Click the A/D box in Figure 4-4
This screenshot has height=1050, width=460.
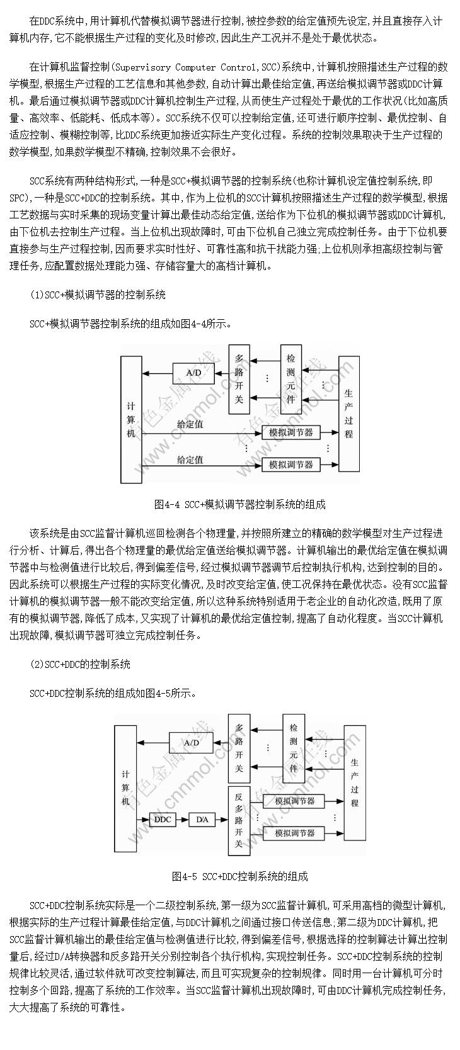coord(193,373)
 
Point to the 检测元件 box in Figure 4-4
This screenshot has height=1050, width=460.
coord(290,379)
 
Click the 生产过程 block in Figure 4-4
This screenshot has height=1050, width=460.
coord(348,414)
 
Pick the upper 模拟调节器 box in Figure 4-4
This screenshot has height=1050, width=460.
coord(291,432)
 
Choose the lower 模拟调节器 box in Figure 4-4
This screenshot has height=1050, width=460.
coord(291,465)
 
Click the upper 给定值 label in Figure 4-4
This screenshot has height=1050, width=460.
coord(190,424)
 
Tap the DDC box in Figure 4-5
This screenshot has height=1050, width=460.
coord(163,820)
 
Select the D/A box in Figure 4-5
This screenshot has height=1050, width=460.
coord(202,820)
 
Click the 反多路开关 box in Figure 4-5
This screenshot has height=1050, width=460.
coord(238,819)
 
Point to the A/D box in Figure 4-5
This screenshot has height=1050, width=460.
coord(191,743)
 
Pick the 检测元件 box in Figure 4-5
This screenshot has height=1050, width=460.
coord(293,748)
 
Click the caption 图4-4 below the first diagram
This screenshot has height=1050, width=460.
coord(167,505)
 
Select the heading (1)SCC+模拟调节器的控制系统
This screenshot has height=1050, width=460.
coord(98,295)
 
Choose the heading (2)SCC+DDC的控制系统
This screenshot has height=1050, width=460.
coord(80,664)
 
